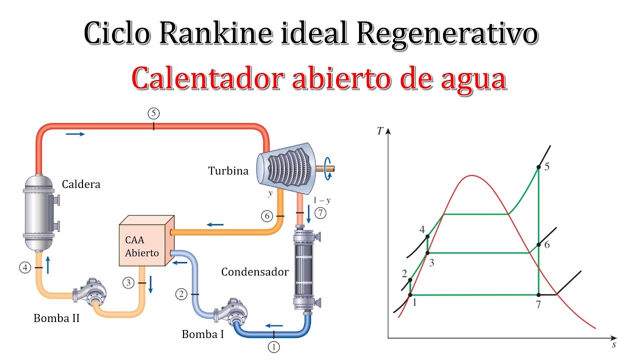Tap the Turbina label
(x=228, y=171)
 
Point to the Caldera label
(x=81, y=184)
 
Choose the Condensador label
(x=255, y=272)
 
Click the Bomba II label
(x=56, y=317)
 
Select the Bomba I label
(x=203, y=334)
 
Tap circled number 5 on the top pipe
(x=153, y=113)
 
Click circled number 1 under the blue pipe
(x=274, y=346)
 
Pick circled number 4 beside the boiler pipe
(x=25, y=267)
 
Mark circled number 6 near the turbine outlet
(x=266, y=216)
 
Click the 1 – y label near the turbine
(x=322, y=200)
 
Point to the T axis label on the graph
(x=380, y=131)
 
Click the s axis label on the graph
(x=613, y=344)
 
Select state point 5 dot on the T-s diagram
(x=538, y=166)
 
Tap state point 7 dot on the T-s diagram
(x=538, y=295)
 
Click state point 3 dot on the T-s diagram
(x=427, y=253)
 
